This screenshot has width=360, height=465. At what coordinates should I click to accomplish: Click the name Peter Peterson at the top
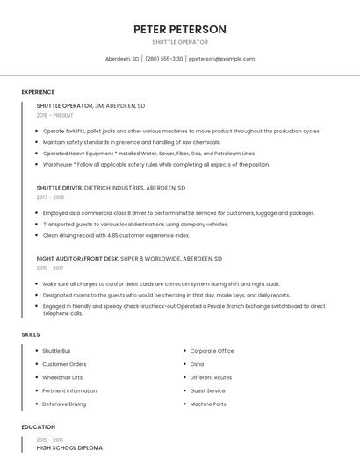[180, 29]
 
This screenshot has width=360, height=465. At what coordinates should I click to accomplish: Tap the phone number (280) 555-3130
[164, 59]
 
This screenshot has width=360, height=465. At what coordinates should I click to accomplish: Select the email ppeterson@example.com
[221, 59]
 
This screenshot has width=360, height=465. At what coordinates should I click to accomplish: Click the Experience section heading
[38, 92]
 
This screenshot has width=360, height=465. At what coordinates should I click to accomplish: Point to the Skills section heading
[31, 335]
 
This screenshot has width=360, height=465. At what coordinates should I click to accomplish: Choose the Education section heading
[37, 427]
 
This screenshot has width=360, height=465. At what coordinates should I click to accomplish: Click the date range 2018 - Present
[55, 115]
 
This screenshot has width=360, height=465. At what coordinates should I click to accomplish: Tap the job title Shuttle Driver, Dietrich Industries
[111, 188]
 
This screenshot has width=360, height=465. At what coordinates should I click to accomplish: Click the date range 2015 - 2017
[50, 268]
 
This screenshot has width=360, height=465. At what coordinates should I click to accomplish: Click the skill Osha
[197, 364]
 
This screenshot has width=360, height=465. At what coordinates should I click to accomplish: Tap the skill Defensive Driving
[64, 404]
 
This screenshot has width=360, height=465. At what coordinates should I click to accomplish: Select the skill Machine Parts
[208, 404]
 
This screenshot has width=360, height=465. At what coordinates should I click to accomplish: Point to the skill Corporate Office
[212, 351]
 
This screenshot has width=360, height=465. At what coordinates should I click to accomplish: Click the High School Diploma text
[69, 448]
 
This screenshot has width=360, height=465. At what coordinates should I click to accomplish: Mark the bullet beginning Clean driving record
[116, 235]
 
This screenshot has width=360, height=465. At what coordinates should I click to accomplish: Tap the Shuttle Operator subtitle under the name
[180, 42]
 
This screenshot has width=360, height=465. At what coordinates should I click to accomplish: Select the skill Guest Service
[207, 390]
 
